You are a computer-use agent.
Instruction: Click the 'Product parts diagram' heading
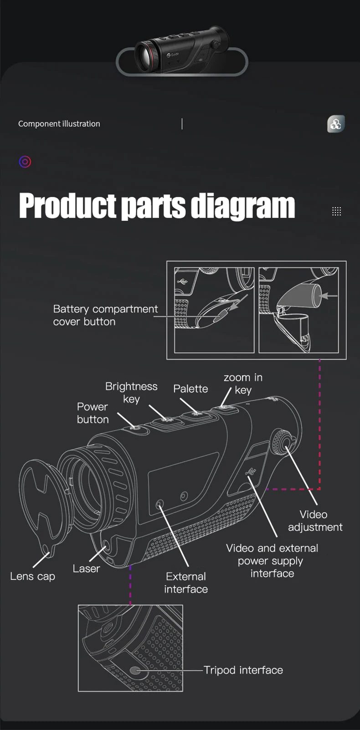[x=157, y=206]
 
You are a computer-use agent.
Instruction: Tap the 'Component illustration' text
[x=59, y=124]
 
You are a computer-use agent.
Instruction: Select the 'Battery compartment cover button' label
[x=105, y=315]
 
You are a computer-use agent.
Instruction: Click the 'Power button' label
[x=93, y=413]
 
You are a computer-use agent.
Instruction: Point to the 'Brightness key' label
[x=131, y=393]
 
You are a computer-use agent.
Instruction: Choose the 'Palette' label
[x=190, y=389]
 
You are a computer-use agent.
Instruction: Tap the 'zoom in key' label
[x=243, y=383]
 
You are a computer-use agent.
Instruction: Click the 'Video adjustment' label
[x=314, y=521]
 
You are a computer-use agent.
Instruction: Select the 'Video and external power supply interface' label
[x=272, y=561]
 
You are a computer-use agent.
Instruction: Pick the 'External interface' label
[x=186, y=582]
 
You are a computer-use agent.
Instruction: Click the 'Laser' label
[x=86, y=568]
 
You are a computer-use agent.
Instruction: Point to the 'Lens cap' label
[x=32, y=576]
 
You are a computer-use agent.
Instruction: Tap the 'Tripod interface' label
[x=243, y=670]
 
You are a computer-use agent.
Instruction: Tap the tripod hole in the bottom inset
[x=135, y=670]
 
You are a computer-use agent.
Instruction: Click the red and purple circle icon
[x=25, y=162]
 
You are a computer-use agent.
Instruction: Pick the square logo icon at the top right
[x=336, y=124]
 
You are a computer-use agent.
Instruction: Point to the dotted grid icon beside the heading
[x=336, y=211]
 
